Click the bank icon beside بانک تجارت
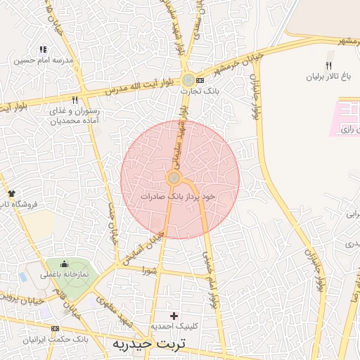tap(200, 80)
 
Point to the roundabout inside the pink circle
tap(174, 179)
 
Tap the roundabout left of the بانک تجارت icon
tap(188, 80)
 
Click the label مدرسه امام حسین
tap(44, 60)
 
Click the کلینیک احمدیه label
tap(174, 327)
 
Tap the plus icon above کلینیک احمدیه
tap(174, 316)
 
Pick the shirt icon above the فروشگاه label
tap(11, 193)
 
